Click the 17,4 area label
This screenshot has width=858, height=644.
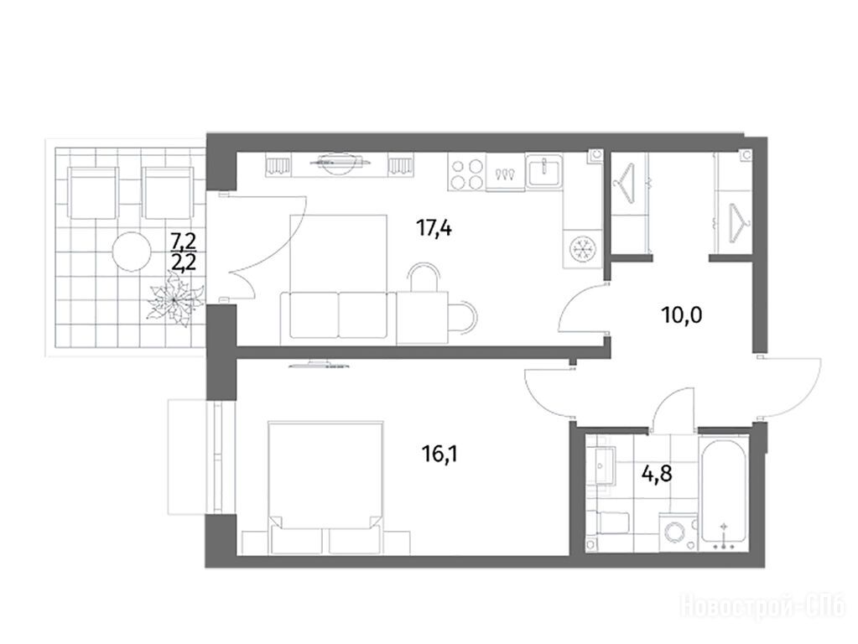434,228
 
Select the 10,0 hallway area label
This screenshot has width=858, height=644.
682,315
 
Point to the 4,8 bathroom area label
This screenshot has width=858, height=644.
657,473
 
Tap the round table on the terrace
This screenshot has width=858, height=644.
132,252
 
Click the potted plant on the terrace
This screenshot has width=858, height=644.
174,300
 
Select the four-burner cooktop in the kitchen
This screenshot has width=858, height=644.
466,172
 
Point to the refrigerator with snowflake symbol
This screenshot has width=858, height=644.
582,248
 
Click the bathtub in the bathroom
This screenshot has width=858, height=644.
724,492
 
